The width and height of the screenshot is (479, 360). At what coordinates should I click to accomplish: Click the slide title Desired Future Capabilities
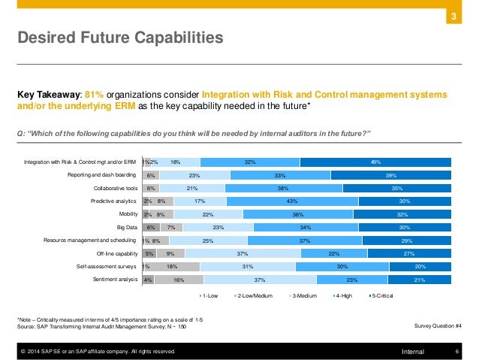pyautogui.click(x=121, y=36)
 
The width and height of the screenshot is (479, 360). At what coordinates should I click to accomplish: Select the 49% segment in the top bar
pyautogui.click(x=375, y=161)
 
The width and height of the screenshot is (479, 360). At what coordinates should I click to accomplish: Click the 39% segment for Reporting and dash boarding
pyautogui.click(x=391, y=174)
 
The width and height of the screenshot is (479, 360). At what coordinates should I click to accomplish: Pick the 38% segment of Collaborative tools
pyautogui.click(x=284, y=188)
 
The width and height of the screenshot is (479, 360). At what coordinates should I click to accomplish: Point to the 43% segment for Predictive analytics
pyautogui.click(x=292, y=201)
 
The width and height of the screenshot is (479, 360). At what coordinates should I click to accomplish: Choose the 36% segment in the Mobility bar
pyautogui.click(x=298, y=214)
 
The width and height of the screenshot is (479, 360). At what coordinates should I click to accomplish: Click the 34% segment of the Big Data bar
pyautogui.click(x=303, y=227)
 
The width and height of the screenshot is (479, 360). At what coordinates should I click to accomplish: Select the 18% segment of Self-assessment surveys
pyautogui.click(x=172, y=267)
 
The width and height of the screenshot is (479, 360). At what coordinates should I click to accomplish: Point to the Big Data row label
pyautogui.click(x=125, y=227)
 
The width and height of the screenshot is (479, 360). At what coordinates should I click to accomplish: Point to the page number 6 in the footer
pyautogui.click(x=457, y=351)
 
